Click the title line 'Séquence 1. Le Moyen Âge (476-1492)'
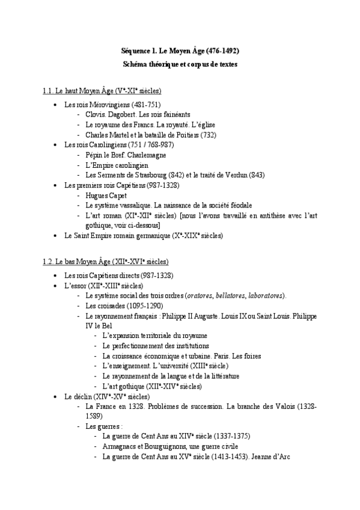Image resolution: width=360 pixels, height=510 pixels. pyautogui.click(x=180, y=52)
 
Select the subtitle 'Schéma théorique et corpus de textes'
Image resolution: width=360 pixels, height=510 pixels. pyautogui.click(x=180, y=64)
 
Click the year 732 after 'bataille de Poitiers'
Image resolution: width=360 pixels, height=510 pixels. pyautogui.click(x=209, y=135)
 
